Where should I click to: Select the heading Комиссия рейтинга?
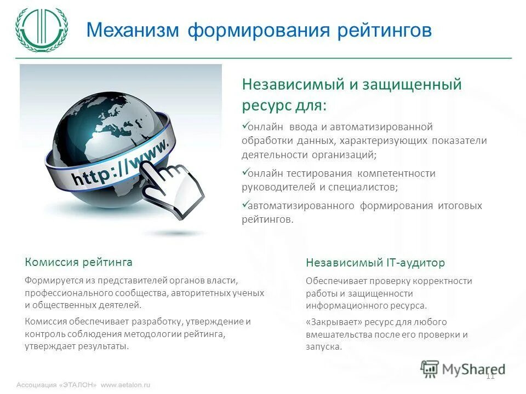click(x=78, y=262)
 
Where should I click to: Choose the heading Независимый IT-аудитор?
click(x=375, y=263)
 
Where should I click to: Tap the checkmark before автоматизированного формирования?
click(x=245, y=205)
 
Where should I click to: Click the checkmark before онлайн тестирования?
click(x=245, y=172)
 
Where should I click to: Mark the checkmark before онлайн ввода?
click(x=245, y=126)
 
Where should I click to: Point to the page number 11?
click(x=490, y=375)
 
